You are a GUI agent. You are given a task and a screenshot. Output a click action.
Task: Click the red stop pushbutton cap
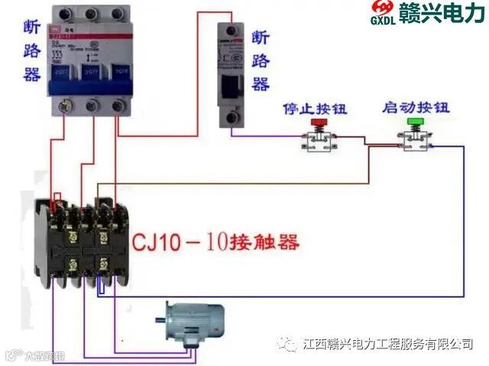click(x=316, y=123)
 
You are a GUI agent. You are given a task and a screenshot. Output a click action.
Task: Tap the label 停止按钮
click(x=315, y=109)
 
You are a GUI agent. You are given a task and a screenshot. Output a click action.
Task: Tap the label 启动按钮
click(x=413, y=109)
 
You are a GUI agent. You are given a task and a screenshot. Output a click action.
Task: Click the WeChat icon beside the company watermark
click(x=287, y=345)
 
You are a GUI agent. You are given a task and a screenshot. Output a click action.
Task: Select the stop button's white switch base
click(x=316, y=141)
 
